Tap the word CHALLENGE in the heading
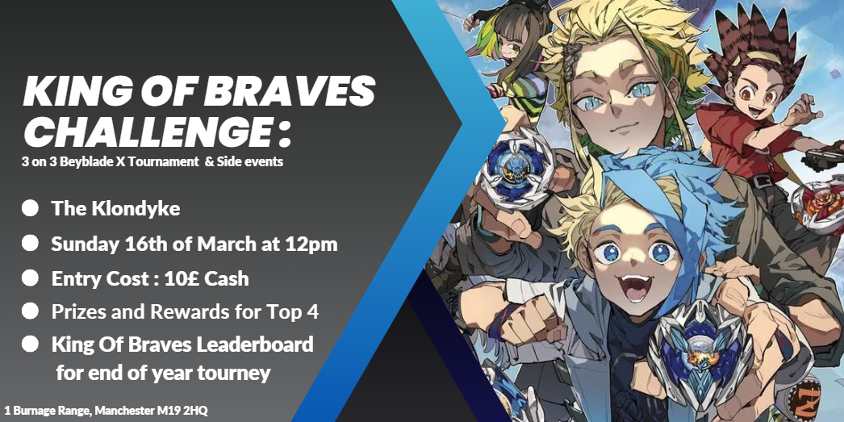pos(145,132)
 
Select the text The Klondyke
pos(115,209)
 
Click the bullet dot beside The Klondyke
pos(30,208)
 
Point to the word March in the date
pos(225,244)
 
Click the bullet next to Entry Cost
pos(30,278)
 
